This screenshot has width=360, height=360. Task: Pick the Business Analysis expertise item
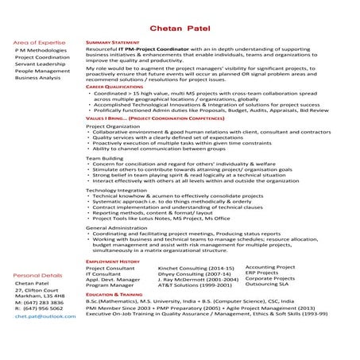(x=37, y=79)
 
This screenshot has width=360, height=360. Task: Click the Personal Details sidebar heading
(x=37, y=275)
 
